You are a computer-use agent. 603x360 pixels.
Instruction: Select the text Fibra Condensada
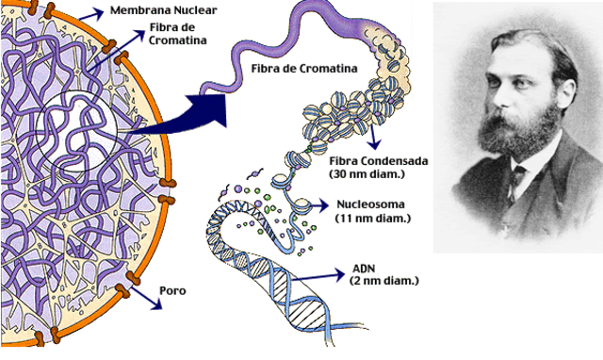click(x=380, y=161)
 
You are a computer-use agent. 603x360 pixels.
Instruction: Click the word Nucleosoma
click(x=371, y=205)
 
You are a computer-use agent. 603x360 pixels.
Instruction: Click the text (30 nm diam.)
click(x=368, y=174)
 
